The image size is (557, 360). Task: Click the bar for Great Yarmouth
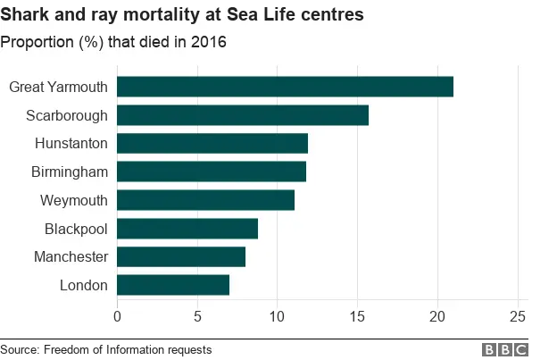(285, 87)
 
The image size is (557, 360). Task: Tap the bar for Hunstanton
(212, 143)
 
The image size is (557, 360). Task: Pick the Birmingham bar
(212, 172)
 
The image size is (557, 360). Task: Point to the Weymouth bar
(205, 200)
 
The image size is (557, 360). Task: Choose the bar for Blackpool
(187, 229)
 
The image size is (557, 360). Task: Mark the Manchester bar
(181, 257)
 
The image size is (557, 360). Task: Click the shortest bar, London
(173, 285)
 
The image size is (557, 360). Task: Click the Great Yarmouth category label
(58, 87)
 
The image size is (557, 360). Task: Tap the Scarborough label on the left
(67, 115)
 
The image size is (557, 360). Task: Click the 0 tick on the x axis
(117, 315)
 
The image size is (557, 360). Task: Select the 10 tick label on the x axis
(277, 315)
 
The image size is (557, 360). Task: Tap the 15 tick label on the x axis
(357, 315)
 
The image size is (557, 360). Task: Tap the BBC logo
(505, 349)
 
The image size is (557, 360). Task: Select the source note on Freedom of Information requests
(106, 349)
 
